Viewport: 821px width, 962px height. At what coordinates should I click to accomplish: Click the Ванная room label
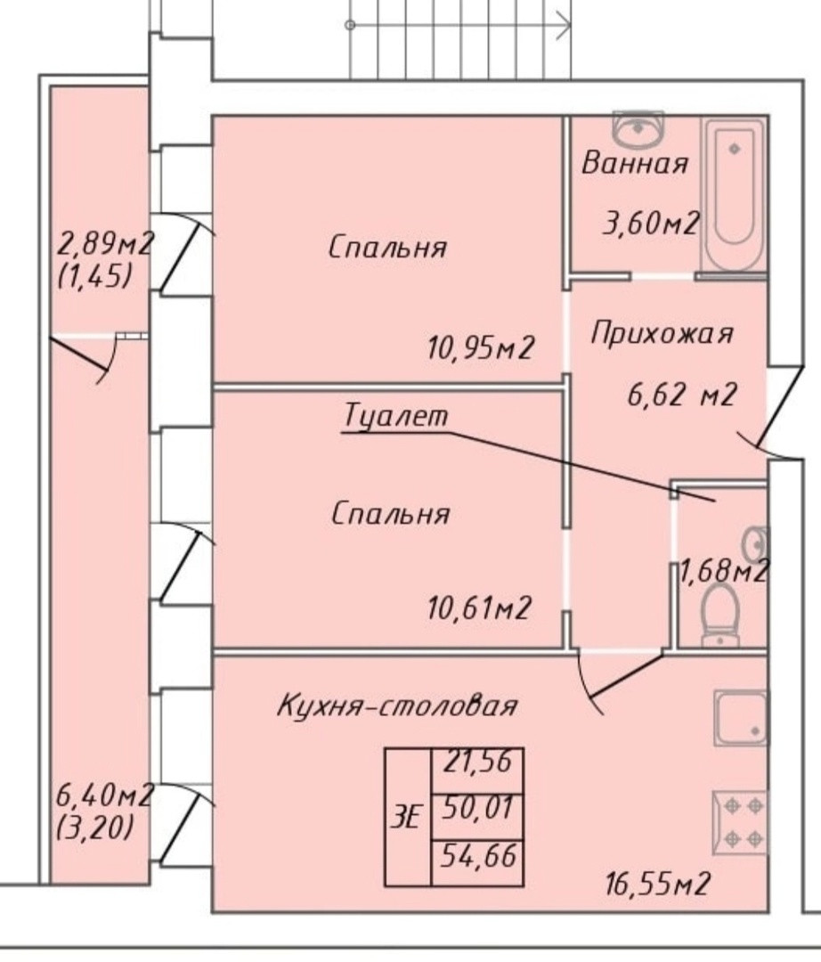pyautogui.click(x=635, y=164)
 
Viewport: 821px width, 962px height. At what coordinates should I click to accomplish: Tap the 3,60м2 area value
pyautogui.click(x=650, y=223)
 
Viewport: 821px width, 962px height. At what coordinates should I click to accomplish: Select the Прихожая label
pyautogui.click(x=662, y=334)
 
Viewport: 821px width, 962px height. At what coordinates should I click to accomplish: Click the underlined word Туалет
pyautogui.click(x=395, y=417)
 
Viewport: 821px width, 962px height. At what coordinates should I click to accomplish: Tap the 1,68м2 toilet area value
pyautogui.click(x=723, y=570)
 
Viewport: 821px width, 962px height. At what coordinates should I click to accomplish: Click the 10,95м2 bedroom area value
pyautogui.click(x=480, y=347)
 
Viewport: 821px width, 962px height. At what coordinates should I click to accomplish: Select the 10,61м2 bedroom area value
pyautogui.click(x=479, y=608)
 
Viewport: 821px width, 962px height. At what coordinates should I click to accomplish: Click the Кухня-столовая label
pyautogui.click(x=396, y=707)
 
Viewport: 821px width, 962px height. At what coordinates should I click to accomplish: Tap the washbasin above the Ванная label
pyautogui.click(x=639, y=129)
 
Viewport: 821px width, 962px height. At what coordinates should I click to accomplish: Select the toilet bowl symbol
pyautogui.click(x=720, y=615)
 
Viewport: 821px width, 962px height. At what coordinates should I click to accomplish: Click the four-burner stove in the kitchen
pyautogui.click(x=740, y=821)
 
